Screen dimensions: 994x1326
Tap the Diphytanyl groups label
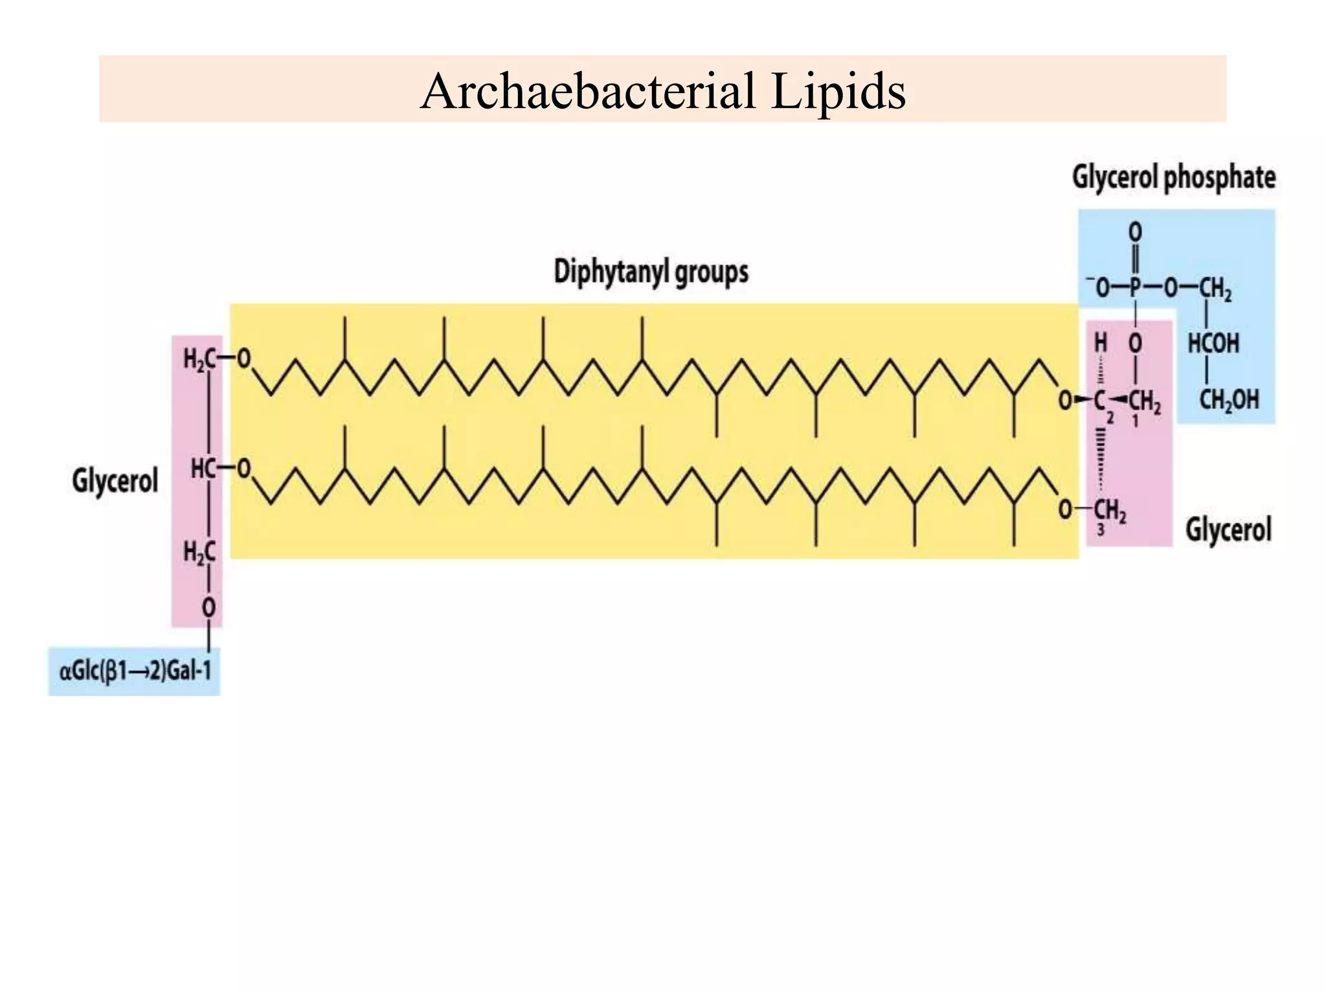tap(651, 272)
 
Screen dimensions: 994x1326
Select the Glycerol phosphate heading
tap(1173, 177)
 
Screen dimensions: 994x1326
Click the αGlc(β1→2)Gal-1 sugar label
tap(135, 671)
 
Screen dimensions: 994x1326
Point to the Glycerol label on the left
tap(115, 481)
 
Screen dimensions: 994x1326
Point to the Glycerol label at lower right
tap(1228, 530)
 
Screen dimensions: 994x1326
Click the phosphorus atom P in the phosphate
tap(1135, 289)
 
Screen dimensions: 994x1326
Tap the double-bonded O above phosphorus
tap(1135, 232)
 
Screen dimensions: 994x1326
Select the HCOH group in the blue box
tap(1213, 344)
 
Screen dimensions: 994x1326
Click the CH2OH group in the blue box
tap(1228, 400)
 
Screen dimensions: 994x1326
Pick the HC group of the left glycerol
tap(203, 469)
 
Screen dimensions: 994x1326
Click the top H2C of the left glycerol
tap(199, 359)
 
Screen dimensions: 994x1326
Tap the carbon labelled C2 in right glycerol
tap(1100, 401)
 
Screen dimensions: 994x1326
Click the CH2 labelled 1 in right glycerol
tap(1145, 402)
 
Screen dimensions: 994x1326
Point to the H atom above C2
tap(1100, 344)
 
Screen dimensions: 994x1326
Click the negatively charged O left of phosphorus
tap(1100, 289)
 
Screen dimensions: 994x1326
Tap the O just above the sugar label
tap(208, 608)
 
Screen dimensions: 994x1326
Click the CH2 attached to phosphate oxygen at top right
tap(1215, 289)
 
